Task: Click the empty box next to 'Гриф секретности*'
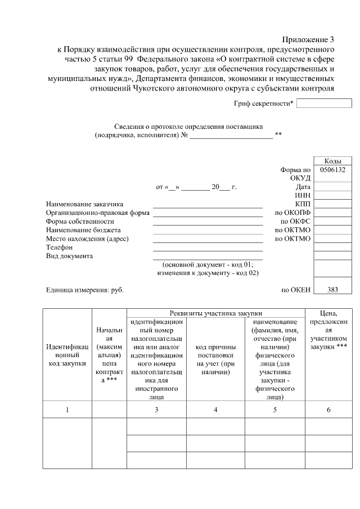point(324,103)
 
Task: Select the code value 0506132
point(332,169)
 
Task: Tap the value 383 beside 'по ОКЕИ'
point(332,290)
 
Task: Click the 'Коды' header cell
point(332,161)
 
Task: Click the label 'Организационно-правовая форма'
point(97,213)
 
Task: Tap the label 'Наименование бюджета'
point(83,230)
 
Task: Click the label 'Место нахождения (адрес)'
point(87,239)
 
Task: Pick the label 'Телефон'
point(60,247)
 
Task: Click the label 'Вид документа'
point(69,256)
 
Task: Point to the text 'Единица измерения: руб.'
point(84,290)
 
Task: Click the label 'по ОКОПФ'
point(292,213)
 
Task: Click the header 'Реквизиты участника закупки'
point(216,313)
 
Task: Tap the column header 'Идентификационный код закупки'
point(67,355)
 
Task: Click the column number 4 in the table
point(215,410)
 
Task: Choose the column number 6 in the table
point(328,410)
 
